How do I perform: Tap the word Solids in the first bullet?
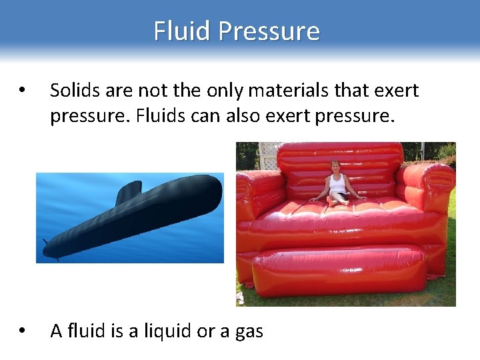pyautogui.click(x=73, y=89)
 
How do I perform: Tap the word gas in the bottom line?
pyautogui.click(x=248, y=332)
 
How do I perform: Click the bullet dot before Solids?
pyautogui.click(x=22, y=90)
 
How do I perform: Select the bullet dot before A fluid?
pyautogui.click(x=22, y=331)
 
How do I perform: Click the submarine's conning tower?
pyautogui.click(x=128, y=191)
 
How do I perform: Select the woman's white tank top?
pyautogui.click(x=336, y=183)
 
